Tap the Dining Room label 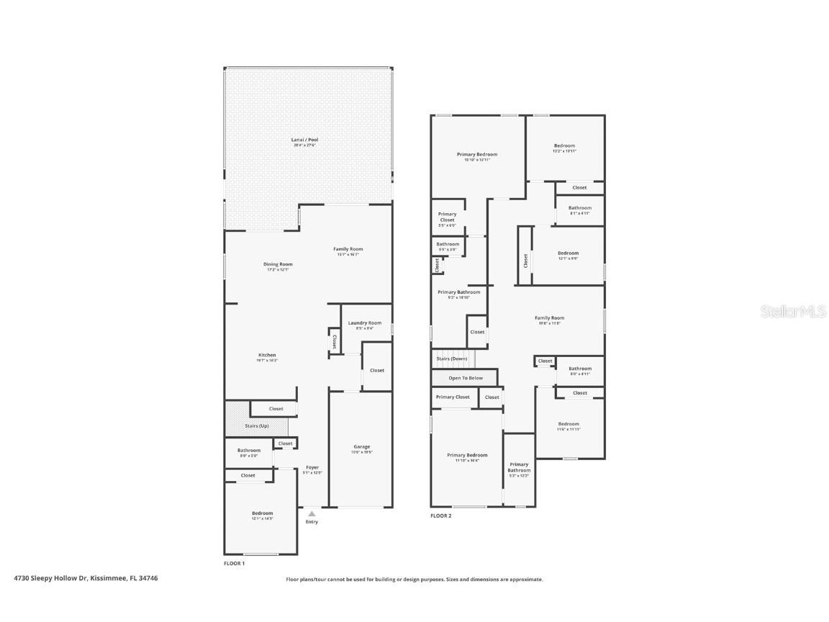coord(278,264)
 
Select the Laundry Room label coord(365,323)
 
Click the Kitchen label coord(267,355)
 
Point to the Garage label coord(361,446)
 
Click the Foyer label coord(312,467)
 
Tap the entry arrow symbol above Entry coord(312,513)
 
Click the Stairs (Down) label coord(452,358)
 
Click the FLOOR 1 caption coord(235,563)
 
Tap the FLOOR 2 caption coord(441,515)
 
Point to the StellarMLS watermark coord(794,311)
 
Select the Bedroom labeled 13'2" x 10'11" coord(563,145)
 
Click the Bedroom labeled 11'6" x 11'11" coord(568,424)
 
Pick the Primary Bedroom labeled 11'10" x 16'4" coord(467,455)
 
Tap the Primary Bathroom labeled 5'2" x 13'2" coord(519,467)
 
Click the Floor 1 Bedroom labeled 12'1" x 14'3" coord(262,513)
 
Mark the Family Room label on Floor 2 coord(549,317)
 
